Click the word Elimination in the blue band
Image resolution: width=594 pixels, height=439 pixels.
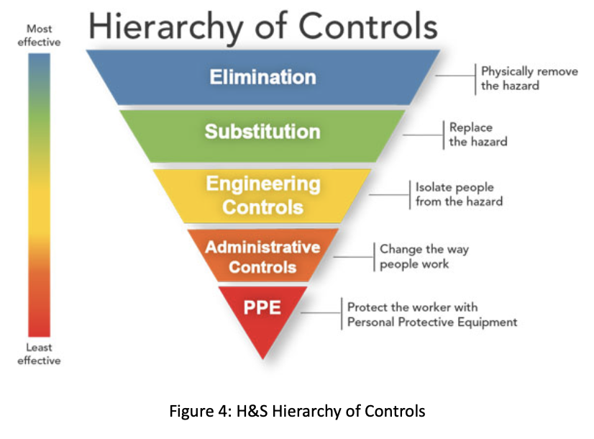pos(262,77)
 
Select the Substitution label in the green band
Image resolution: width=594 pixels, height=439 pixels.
pos(262,132)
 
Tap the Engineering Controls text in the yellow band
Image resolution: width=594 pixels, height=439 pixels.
pos(262,195)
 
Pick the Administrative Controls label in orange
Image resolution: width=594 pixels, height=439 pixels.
pos(262,256)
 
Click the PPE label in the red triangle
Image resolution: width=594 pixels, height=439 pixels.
pos(262,307)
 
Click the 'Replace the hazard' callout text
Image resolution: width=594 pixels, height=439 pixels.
pos(478,135)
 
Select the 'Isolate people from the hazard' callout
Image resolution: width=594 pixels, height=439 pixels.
pos(459,194)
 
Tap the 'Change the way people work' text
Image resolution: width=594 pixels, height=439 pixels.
pos(424,256)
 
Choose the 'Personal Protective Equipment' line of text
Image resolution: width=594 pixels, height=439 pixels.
pos(432,322)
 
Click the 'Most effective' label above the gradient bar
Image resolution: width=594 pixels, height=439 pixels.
pos(40,35)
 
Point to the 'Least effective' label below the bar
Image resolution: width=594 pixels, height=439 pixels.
pos(40,354)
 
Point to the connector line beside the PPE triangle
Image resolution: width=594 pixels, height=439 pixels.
pos(321,313)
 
